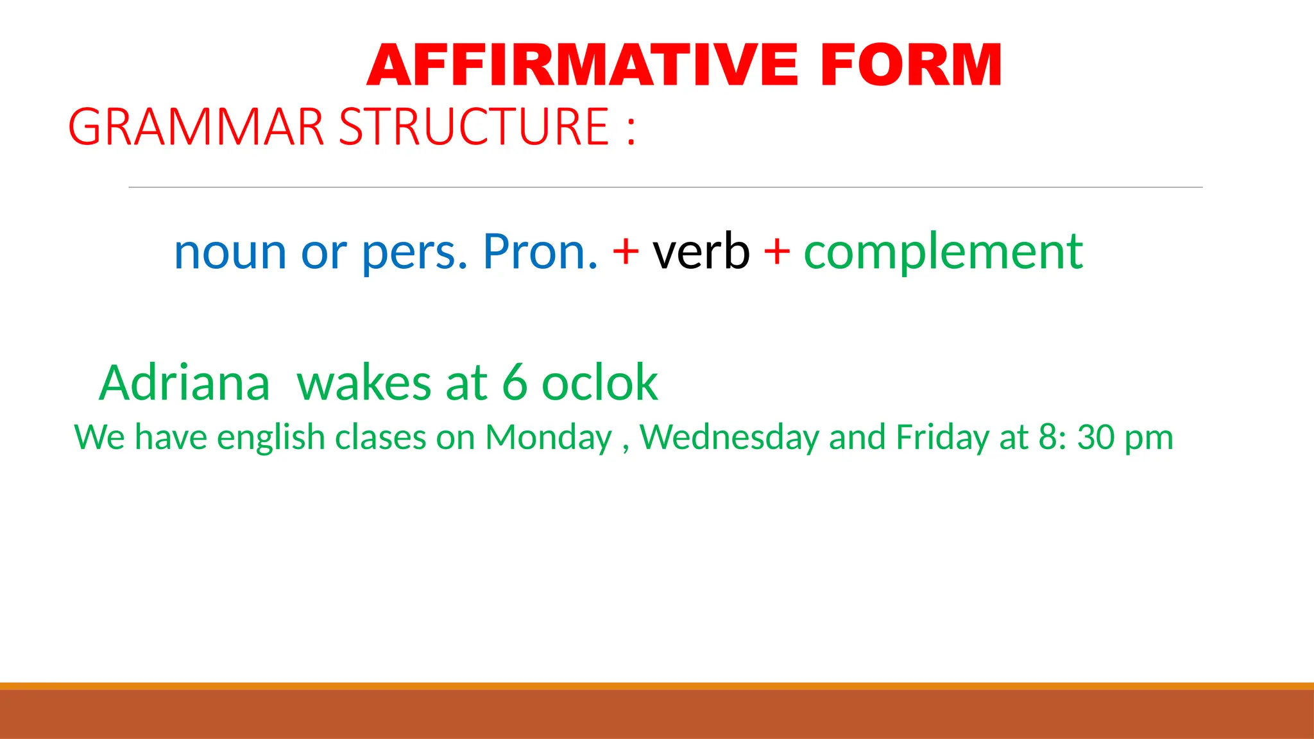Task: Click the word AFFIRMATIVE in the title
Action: (x=583, y=65)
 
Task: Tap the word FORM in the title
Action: (x=911, y=65)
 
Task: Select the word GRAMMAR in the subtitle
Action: (x=196, y=127)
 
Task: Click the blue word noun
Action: (x=230, y=253)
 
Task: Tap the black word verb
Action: (x=701, y=251)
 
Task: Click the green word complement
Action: (x=943, y=253)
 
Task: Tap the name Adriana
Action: (x=185, y=383)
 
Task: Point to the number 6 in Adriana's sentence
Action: (x=515, y=383)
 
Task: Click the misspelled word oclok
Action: (x=600, y=383)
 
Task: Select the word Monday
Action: (x=549, y=438)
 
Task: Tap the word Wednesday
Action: (x=730, y=438)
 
